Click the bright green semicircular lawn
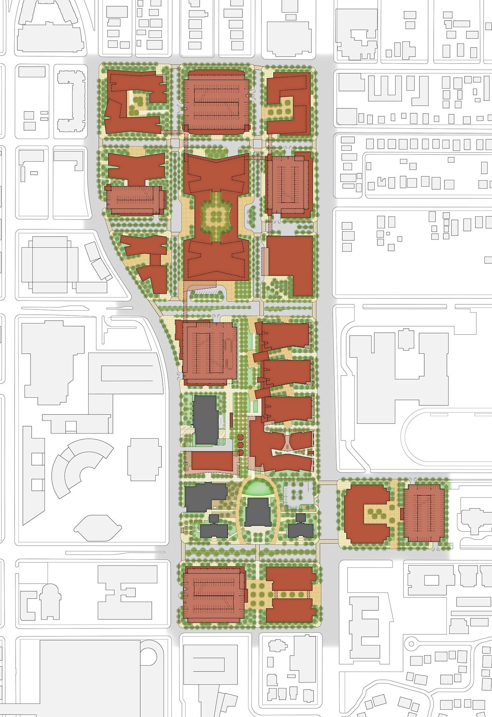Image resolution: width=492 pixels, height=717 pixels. click(x=258, y=490)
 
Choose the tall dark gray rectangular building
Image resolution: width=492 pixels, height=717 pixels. click(x=205, y=420)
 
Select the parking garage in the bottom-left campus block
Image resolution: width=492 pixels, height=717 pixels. click(x=212, y=594)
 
